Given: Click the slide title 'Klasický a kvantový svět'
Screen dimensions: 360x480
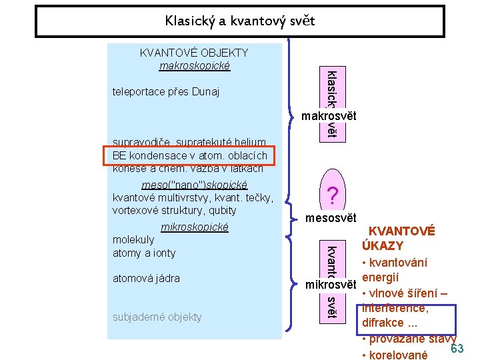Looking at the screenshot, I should pos(239,21).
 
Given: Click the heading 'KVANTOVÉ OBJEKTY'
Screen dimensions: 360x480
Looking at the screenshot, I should pos(194,53).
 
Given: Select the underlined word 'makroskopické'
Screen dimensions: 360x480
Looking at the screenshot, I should pos(194,65).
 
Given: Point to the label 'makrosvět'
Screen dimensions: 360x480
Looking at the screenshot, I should pos(329,116).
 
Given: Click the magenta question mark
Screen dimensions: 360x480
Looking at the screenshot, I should pos(332,195).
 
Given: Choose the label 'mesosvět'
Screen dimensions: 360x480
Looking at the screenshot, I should pos(331,217).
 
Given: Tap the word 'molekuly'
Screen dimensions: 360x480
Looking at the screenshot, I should pos(133,239).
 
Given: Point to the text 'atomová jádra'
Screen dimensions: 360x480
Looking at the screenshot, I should pos(146,278).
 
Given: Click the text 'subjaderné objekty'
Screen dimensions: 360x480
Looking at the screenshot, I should pos(157,317).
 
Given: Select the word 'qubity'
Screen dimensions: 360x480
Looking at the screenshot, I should pos(221,210).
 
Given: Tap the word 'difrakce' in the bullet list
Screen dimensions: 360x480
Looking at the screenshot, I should pos(381,323).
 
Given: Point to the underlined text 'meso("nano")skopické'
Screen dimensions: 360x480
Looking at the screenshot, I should pos(195,184).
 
